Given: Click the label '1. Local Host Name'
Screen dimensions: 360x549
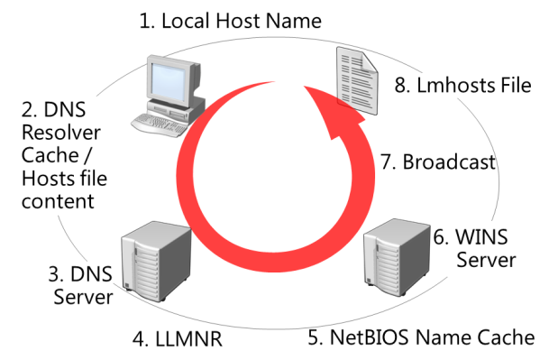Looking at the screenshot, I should [230, 20].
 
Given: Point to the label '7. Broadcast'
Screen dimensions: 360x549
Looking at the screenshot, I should [437, 162].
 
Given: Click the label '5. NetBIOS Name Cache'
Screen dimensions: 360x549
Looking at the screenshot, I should [421, 338].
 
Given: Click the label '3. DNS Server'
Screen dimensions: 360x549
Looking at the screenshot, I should [79, 285].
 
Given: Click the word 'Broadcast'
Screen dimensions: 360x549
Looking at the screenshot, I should [449, 162].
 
